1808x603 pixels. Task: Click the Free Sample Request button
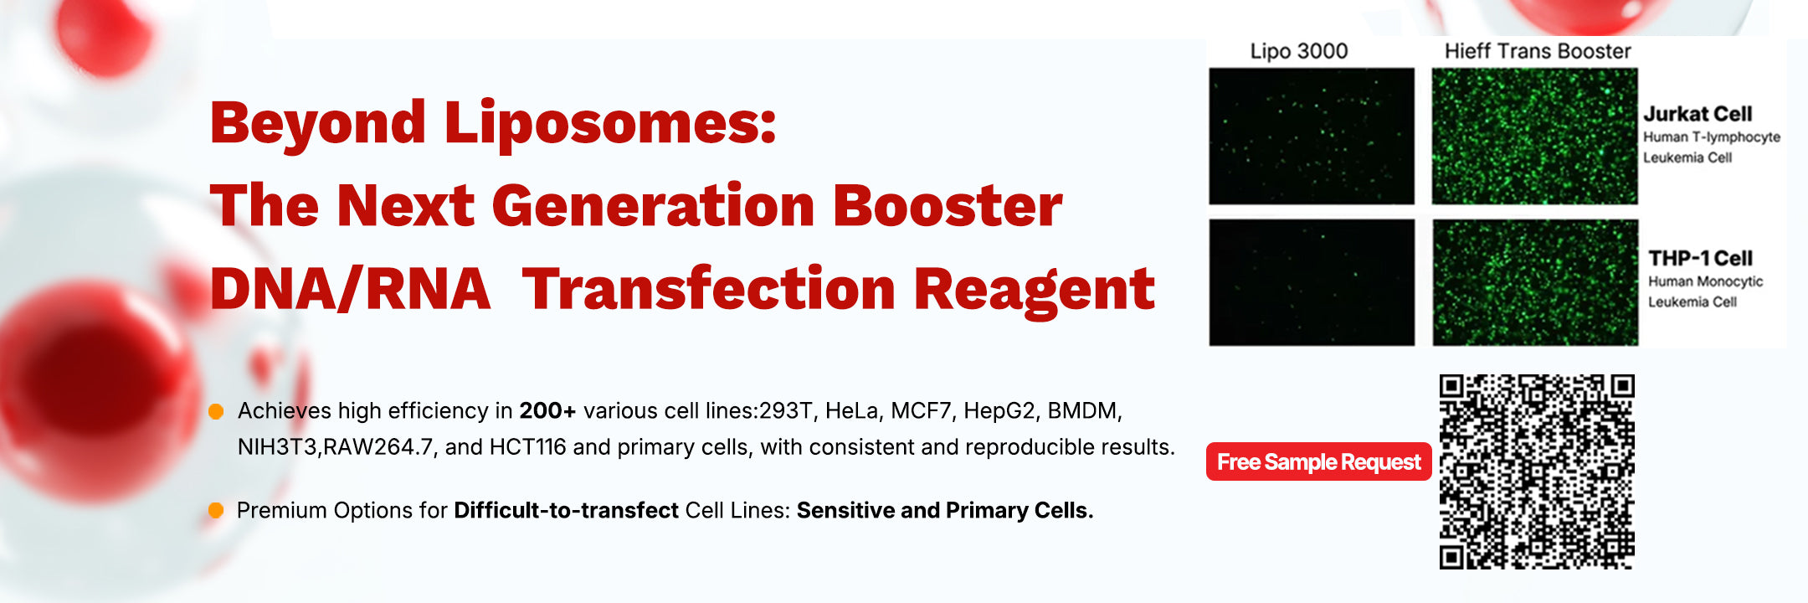(x=1318, y=461)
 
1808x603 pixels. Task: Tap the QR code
(x=1537, y=472)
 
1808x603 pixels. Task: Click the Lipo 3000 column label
(x=1299, y=51)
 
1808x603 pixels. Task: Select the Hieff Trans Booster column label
(x=1538, y=51)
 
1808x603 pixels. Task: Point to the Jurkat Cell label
(x=1698, y=114)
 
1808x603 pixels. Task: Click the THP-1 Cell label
(x=1700, y=258)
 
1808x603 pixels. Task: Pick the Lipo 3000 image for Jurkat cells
(x=1312, y=137)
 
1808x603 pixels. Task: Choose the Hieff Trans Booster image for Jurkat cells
(x=1534, y=137)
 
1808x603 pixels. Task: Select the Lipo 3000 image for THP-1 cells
(x=1312, y=282)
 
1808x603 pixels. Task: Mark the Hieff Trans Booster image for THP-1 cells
(x=1534, y=282)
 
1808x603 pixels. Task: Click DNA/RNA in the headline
(x=350, y=289)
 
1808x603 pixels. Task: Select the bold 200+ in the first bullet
(x=547, y=410)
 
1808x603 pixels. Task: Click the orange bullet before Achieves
(x=216, y=411)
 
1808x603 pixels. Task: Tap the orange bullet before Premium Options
(x=216, y=510)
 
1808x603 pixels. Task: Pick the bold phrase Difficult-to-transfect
(x=566, y=510)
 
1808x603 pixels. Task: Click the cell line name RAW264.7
(x=378, y=447)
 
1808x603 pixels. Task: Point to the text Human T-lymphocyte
(x=1712, y=137)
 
